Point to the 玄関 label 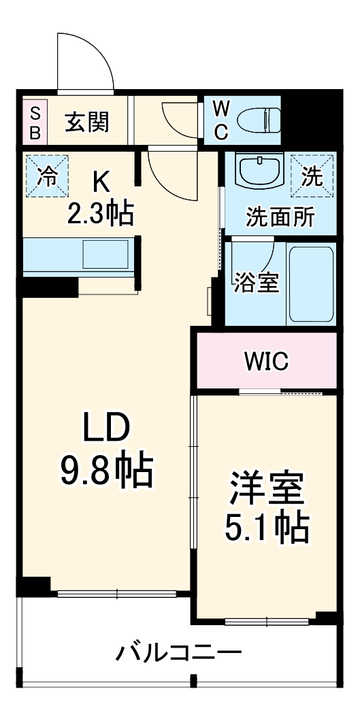[x=86, y=122]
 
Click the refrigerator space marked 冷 [x=47, y=177]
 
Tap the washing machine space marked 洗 [x=312, y=177]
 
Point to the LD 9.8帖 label [x=105, y=450]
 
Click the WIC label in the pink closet [x=267, y=361]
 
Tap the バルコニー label [x=178, y=654]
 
